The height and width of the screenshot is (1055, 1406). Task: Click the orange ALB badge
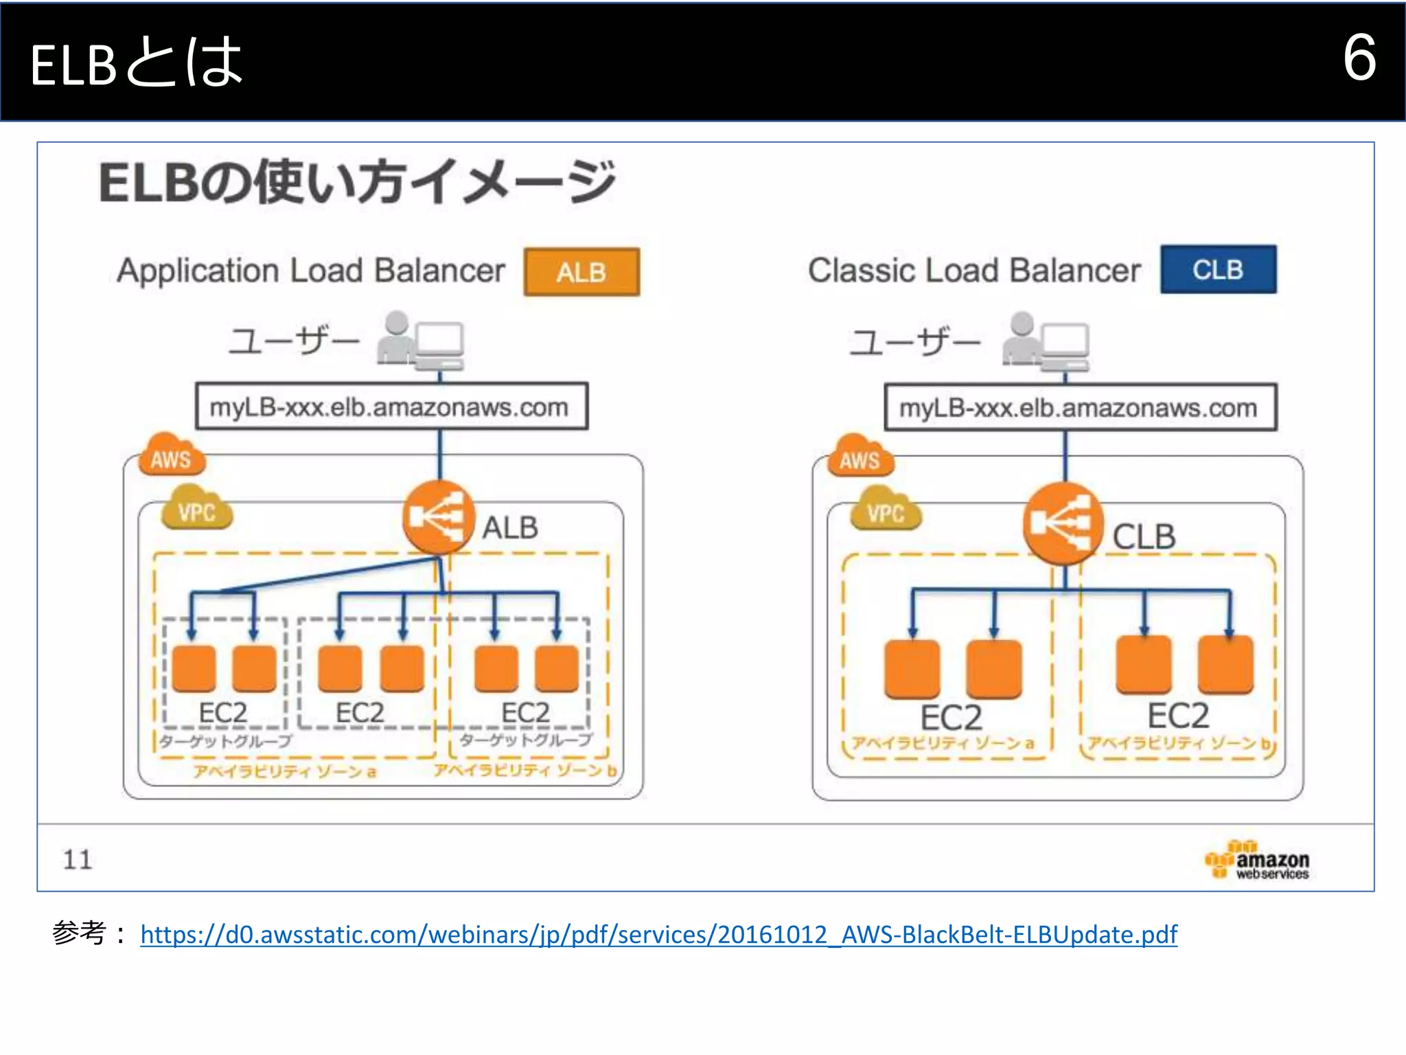point(581,272)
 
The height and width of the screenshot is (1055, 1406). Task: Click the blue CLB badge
point(1218,269)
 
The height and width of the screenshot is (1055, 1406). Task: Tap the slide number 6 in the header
point(1359,58)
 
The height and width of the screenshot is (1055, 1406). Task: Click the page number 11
point(77,859)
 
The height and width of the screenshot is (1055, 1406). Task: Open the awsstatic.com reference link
point(658,934)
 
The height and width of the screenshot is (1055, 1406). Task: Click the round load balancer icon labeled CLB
point(1062,523)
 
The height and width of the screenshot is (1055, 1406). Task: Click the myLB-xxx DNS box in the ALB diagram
point(391,407)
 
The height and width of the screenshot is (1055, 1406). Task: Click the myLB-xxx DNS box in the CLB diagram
point(1080,407)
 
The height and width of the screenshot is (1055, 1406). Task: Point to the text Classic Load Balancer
point(973,270)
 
